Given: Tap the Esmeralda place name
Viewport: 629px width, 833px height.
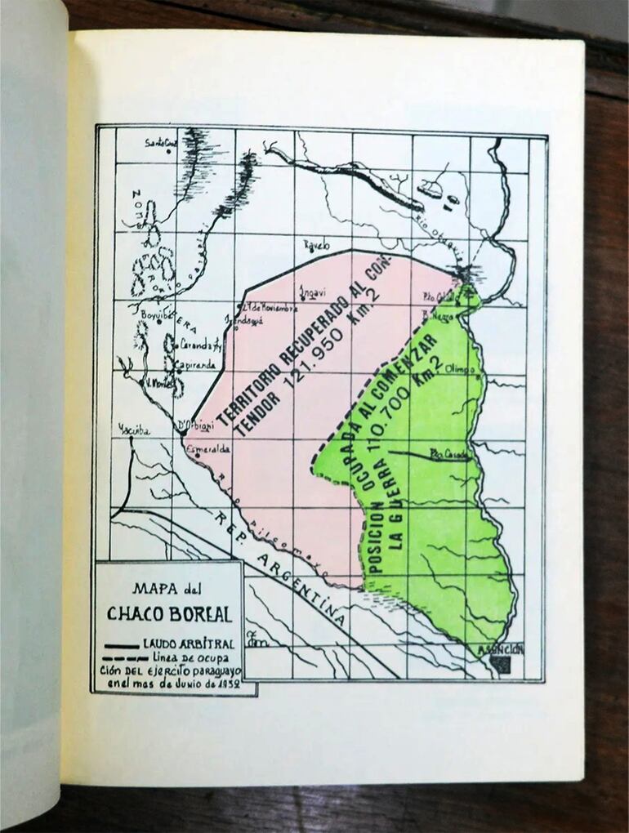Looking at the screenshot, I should (x=207, y=449).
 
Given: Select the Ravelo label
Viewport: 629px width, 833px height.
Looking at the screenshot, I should (x=316, y=245).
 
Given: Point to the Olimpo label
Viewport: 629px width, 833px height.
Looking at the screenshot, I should (x=460, y=368).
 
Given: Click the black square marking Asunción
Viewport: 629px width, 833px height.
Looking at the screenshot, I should (x=502, y=665).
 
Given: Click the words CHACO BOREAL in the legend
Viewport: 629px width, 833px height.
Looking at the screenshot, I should (x=167, y=614).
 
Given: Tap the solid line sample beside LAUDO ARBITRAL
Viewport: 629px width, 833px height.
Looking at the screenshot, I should (x=122, y=645).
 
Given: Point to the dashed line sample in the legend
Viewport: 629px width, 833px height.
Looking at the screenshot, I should (x=123, y=658).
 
